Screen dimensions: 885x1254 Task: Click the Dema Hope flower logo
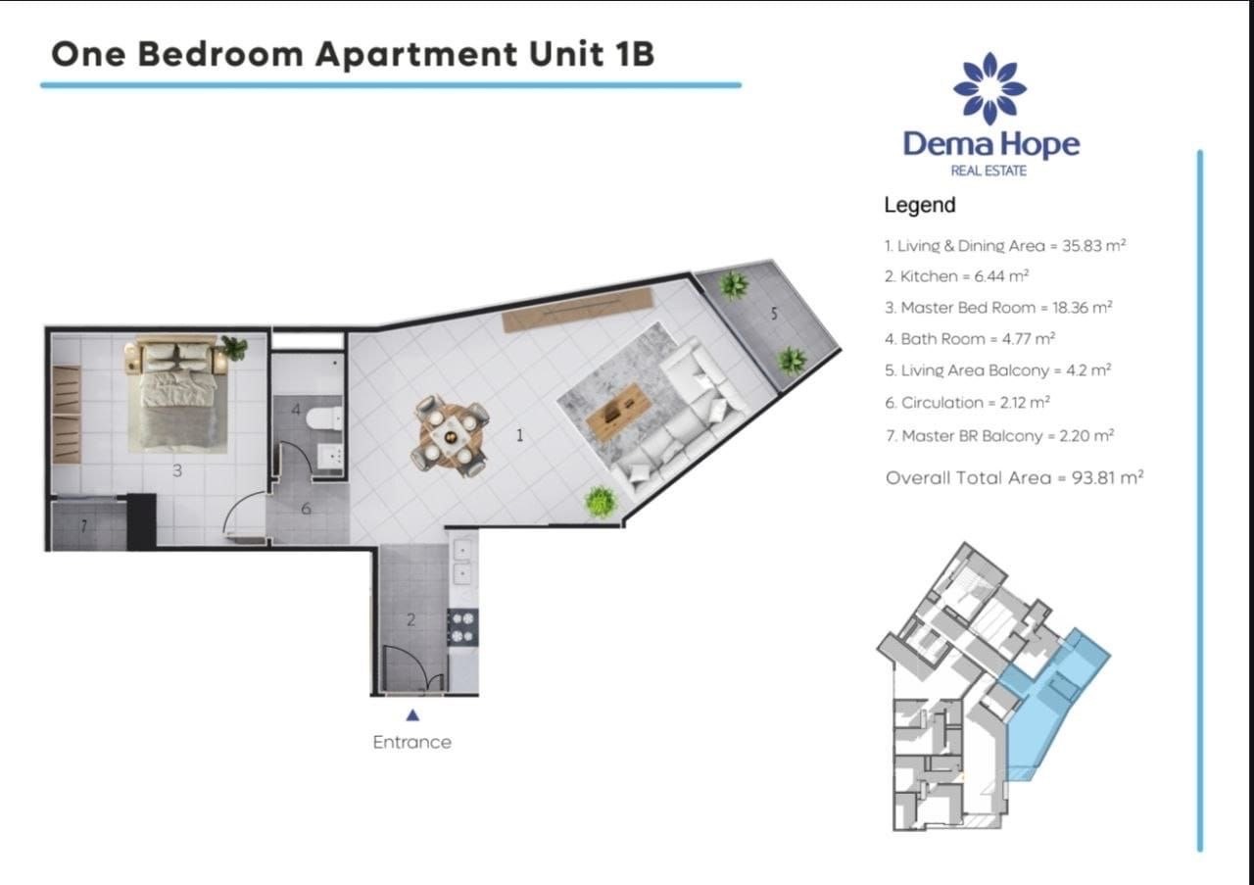[x=989, y=88]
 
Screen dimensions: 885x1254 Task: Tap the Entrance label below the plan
[x=411, y=742]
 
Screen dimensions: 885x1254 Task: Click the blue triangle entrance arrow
[x=412, y=715]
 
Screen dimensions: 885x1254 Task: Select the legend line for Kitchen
[x=956, y=276]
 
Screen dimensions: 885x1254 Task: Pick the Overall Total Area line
[x=1014, y=478]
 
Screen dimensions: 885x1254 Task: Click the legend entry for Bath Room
[x=969, y=339]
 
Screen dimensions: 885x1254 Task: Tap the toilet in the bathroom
[x=322, y=418]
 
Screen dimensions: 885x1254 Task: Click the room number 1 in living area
[x=519, y=436]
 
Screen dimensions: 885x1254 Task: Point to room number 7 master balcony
[x=83, y=526]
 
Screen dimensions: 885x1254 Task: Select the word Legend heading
[x=919, y=205]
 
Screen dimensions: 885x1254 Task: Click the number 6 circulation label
[x=306, y=509]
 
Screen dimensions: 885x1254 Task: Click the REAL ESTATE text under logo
[x=989, y=172]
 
